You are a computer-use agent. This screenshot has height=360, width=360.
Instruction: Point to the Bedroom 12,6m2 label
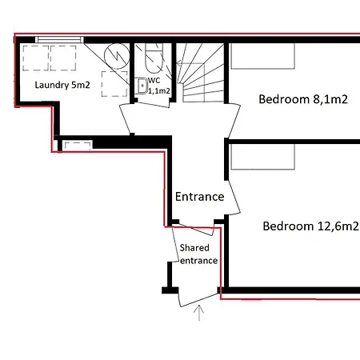point(310,226)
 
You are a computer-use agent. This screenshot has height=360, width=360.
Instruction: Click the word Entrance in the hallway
point(199,197)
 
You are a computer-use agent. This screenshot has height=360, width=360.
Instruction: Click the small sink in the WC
point(142,86)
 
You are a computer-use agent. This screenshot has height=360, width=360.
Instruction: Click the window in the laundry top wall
point(60,38)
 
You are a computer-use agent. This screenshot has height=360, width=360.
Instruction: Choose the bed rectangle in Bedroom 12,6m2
point(262,156)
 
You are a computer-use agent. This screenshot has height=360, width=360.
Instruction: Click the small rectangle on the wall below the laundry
point(78,145)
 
